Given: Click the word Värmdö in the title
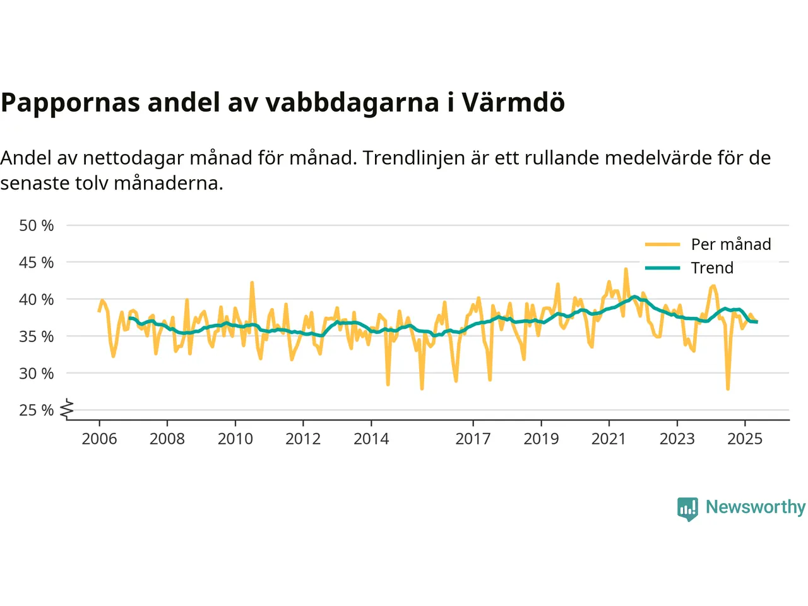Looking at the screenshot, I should click(513, 102).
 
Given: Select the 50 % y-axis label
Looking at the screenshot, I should click(37, 225).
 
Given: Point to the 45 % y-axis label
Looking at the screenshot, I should click(37, 262).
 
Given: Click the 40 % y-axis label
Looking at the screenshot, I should click(37, 299).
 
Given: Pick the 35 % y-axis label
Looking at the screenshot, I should click(37, 336).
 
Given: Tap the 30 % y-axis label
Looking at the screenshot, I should click(37, 373).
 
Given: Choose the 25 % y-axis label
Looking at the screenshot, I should click(37, 410).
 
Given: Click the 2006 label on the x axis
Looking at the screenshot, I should click(99, 439).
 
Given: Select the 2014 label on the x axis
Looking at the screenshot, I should click(371, 439).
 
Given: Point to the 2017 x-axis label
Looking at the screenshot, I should click(473, 439).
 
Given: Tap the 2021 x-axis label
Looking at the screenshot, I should click(609, 439).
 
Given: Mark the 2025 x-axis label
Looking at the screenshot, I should click(745, 439).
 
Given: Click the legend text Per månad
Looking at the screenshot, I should click(731, 244).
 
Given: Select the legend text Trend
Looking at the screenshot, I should click(712, 268).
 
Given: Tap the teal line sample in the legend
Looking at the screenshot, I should click(662, 268).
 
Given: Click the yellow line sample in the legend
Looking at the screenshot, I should click(662, 244).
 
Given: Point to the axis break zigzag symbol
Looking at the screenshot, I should click(67, 409).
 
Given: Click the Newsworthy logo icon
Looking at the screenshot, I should click(687, 508).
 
